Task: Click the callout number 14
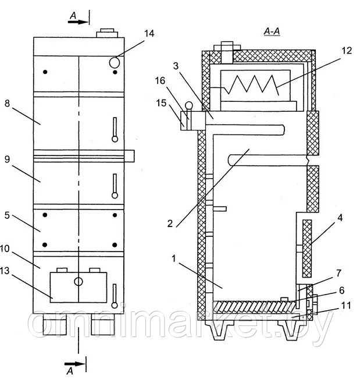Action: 149,34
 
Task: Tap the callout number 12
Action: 347,51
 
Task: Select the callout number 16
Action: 160,81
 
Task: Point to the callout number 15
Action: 161,103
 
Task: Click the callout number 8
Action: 7,103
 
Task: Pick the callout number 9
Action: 7,160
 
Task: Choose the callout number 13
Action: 4,271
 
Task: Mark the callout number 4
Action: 340,218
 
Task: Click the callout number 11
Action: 346,305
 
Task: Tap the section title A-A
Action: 272,31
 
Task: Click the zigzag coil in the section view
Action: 251,84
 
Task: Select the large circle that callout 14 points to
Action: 115,63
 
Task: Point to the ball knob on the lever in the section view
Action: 189,105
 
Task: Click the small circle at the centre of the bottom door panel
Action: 79,282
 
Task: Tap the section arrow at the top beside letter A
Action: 78,22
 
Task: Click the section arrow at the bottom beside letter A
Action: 74,364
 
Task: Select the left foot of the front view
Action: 55,324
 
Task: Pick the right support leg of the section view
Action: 290,330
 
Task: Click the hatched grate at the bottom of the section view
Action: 255,307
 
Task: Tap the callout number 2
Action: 170,224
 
